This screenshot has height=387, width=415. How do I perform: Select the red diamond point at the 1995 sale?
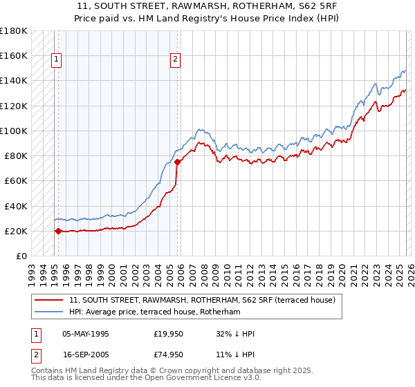(58, 232)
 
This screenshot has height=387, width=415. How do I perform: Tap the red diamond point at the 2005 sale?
(177, 162)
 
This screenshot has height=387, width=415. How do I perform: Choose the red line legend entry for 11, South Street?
(202, 300)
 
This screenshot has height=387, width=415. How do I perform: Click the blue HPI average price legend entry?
(154, 312)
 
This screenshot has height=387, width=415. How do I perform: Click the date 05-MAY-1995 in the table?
(86, 334)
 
